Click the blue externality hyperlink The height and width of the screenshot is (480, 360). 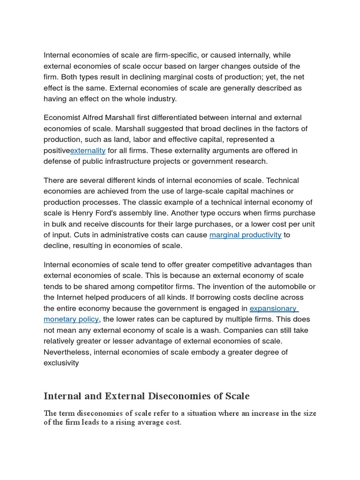pyautogui.click(x=88, y=150)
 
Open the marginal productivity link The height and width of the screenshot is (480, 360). pyautogui.click(x=245, y=235)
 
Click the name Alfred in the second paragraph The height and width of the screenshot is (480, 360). pyautogui.click(x=92, y=117)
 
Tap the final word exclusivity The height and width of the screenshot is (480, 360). pyautogui.click(x=61, y=363)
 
